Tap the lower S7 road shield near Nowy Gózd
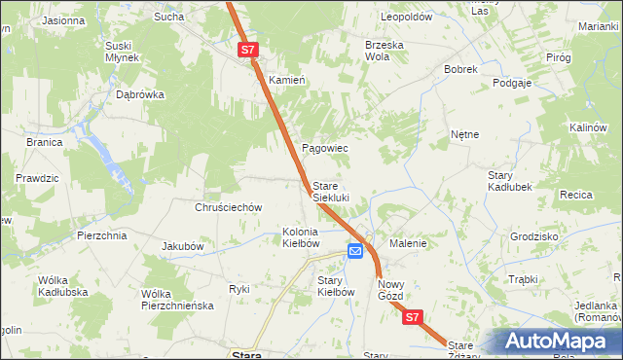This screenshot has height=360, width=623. [x=413, y=317]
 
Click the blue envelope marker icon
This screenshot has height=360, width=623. [x=355, y=251]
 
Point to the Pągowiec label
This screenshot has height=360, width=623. [x=325, y=148]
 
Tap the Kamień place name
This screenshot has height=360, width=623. [x=287, y=80]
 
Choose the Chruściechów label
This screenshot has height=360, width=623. [x=230, y=207]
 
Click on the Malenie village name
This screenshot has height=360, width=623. [x=409, y=243]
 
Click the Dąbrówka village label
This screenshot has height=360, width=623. [x=140, y=95]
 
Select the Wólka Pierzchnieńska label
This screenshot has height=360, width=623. [x=177, y=300]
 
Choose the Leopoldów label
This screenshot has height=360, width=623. [x=407, y=18]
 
